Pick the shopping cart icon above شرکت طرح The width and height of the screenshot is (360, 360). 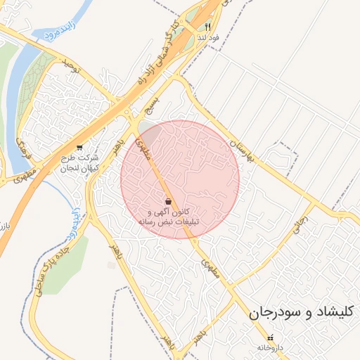[x=79, y=148]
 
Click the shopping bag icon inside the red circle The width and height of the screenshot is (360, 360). [x=167, y=201]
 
